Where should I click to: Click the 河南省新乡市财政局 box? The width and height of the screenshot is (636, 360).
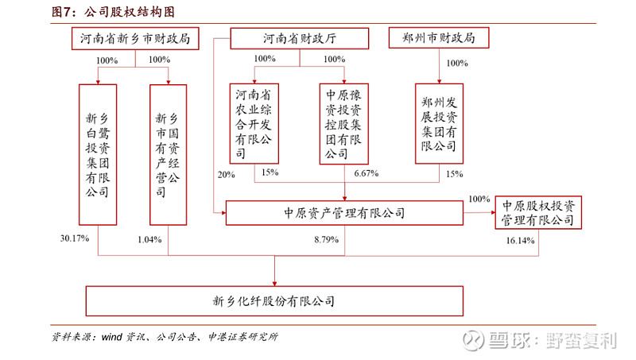pyautogui.click(x=134, y=37)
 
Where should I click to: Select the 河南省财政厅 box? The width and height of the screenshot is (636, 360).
pyautogui.click(x=299, y=37)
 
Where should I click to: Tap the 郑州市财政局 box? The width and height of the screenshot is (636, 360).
pyautogui.click(x=438, y=37)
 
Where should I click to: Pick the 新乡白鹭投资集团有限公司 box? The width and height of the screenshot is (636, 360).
pyautogui.click(x=98, y=154)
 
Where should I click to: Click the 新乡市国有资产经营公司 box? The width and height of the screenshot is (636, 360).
pyautogui.click(x=168, y=154)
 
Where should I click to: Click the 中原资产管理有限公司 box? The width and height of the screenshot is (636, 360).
pyautogui.click(x=344, y=213)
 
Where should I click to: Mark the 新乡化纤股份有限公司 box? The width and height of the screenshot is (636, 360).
pyautogui.click(x=273, y=301)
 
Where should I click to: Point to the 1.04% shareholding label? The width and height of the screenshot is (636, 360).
pyautogui.click(x=149, y=238)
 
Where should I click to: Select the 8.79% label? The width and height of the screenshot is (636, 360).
pyautogui.click(x=326, y=238)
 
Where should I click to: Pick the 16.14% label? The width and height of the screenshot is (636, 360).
pyautogui.click(x=521, y=240)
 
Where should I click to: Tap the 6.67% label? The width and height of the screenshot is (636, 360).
pyautogui.click(x=365, y=173)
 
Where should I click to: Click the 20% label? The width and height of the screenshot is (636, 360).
pyautogui.click(x=227, y=174)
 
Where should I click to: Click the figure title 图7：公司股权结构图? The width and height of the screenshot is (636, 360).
pyautogui.click(x=113, y=11)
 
